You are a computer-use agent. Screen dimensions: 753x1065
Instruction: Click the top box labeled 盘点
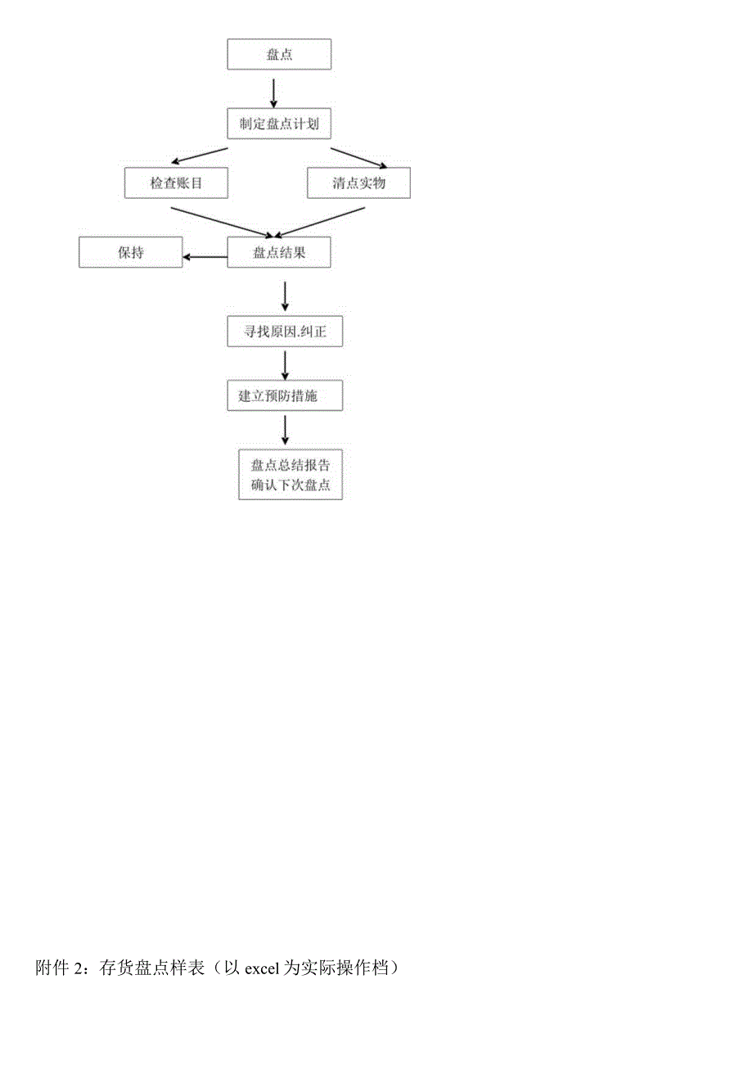(x=279, y=54)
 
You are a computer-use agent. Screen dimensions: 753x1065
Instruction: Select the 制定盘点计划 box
(x=279, y=124)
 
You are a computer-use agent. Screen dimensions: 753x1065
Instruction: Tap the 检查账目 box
(x=176, y=183)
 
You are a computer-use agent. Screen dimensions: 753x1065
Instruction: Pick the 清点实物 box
(x=359, y=183)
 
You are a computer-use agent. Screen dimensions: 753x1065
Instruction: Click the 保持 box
(x=131, y=252)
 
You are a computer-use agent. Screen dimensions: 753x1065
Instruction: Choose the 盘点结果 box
(x=279, y=252)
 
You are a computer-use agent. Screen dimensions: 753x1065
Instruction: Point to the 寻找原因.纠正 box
(x=285, y=331)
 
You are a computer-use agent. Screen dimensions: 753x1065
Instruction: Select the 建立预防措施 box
(x=285, y=395)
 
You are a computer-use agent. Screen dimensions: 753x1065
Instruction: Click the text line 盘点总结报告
(x=291, y=465)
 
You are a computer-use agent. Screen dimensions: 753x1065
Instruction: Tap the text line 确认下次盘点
(x=291, y=485)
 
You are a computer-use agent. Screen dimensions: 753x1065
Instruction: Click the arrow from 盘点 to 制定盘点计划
(x=273, y=93)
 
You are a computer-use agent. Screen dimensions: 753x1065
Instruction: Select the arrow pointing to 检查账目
(x=200, y=156)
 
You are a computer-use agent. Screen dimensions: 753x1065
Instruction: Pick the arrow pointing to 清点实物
(x=359, y=158)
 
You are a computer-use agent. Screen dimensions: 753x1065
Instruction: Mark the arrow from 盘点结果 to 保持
(x=205, y=257)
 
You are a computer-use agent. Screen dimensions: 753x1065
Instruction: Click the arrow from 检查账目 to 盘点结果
(x=222, y=222)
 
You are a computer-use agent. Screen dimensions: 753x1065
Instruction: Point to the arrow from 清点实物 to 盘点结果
(x=319, y=222)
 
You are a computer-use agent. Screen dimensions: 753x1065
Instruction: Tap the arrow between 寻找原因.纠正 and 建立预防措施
(x=285, y=366)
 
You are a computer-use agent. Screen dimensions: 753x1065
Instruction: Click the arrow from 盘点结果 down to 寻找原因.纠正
(x=285, y=296)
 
